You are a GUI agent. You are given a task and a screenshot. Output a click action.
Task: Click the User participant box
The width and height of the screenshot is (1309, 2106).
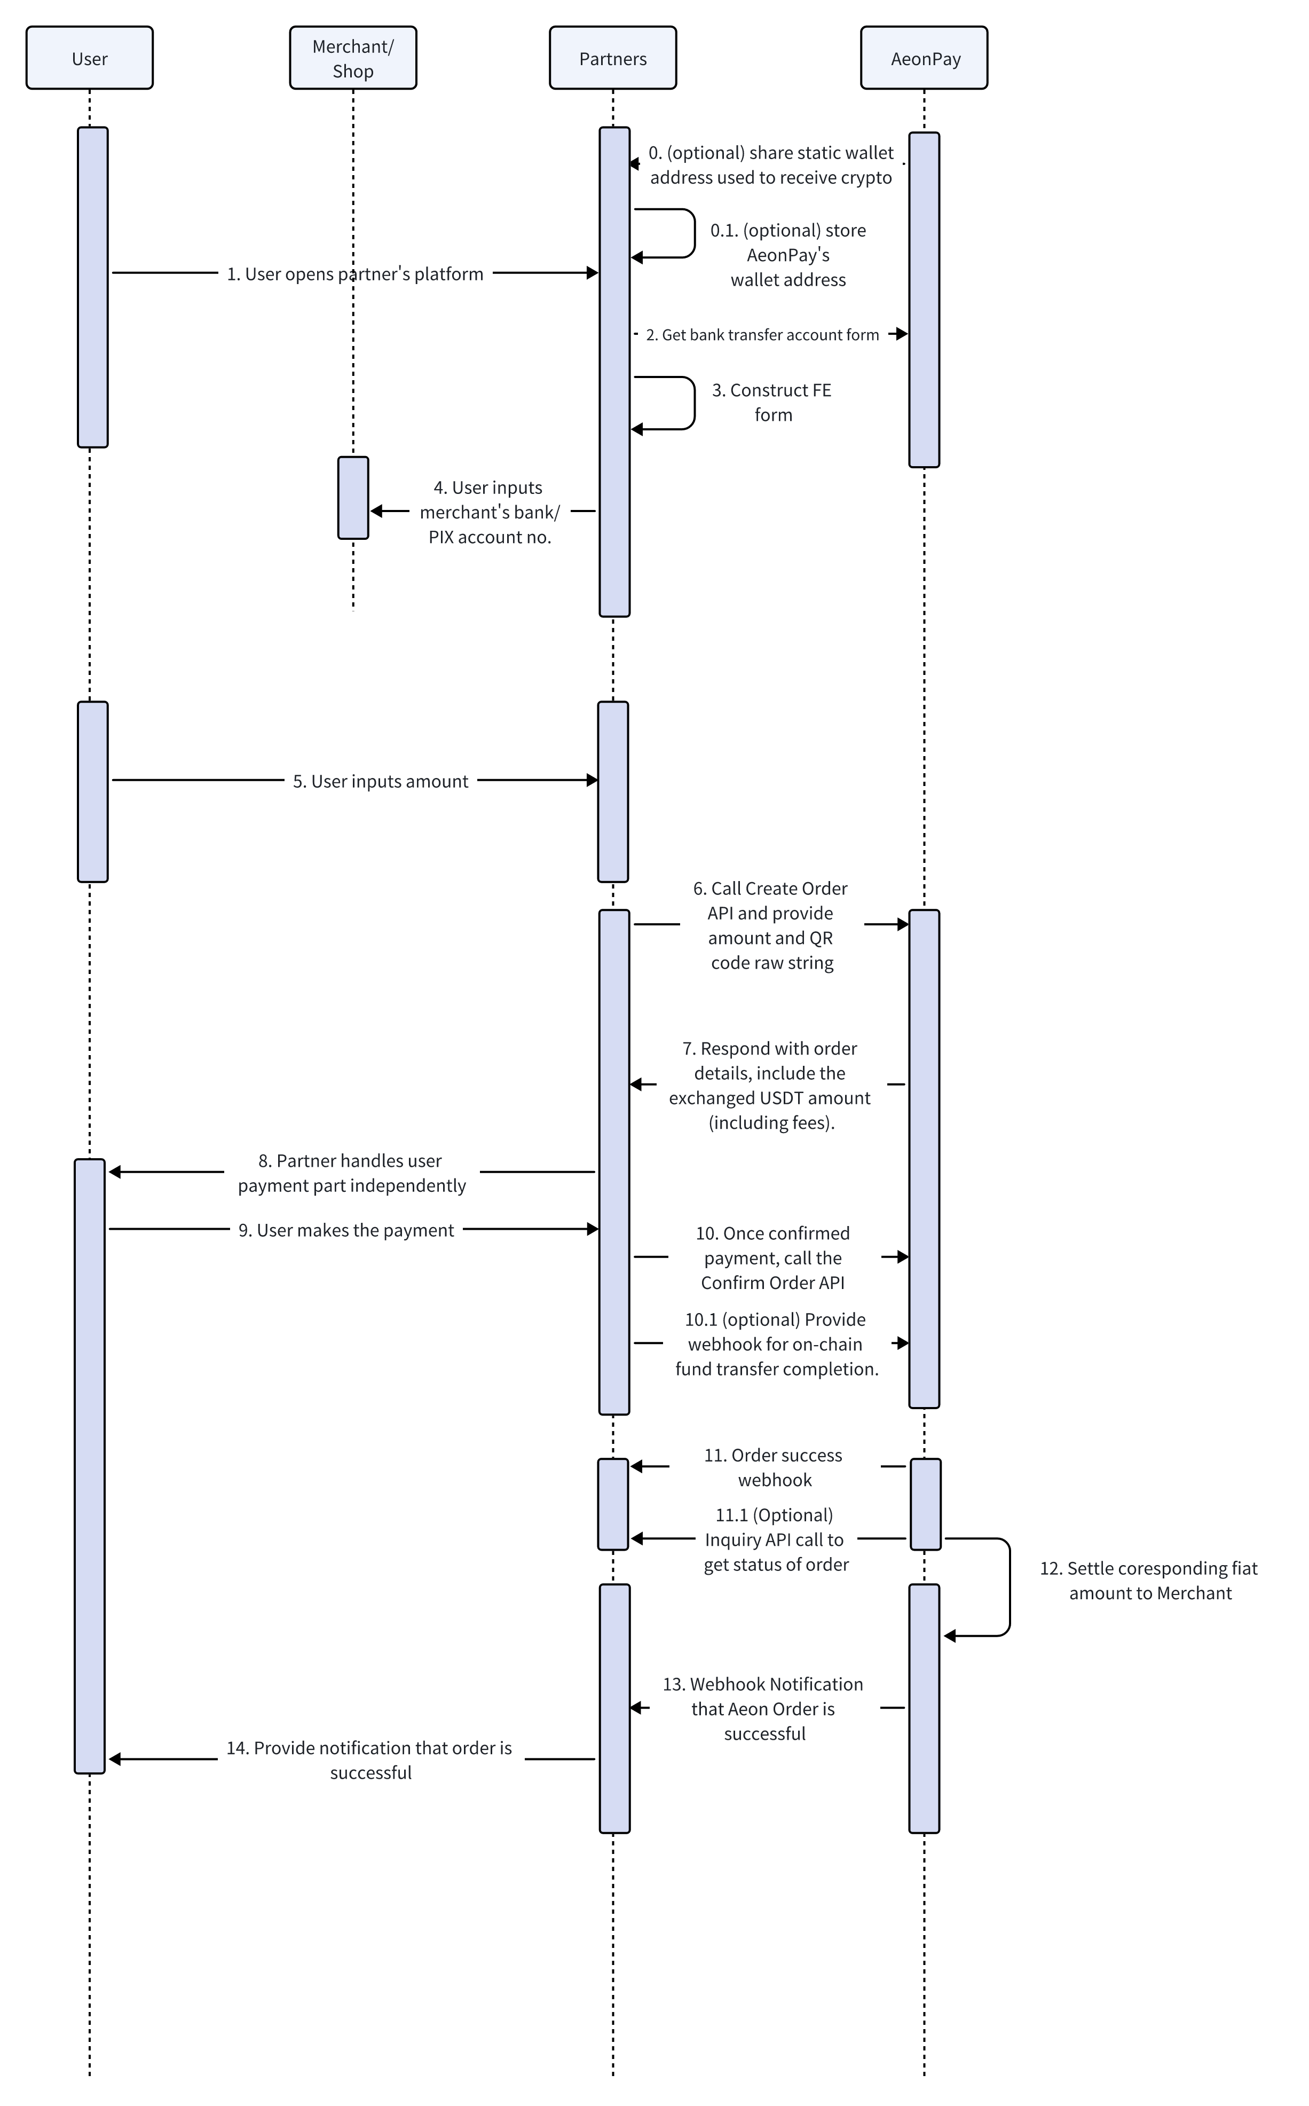(x=89, y=58)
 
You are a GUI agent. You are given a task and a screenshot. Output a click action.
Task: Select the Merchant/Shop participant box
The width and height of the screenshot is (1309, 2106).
(x=353, y=58)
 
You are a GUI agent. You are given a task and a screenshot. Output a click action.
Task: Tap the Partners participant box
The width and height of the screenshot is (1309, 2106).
(x=613, y=58)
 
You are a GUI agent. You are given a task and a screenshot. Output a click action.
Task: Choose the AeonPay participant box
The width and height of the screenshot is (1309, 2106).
(x=925, y=58)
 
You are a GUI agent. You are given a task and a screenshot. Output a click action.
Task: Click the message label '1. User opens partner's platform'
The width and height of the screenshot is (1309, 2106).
(x=355, y=273)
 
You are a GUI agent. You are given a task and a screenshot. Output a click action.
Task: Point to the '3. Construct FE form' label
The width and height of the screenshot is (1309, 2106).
(x=771, y=403)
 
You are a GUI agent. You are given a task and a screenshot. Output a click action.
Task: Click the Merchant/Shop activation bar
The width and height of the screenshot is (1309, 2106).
(x=353, y=498)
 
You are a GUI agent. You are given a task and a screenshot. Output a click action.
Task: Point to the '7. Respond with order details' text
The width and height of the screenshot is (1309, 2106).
(x=770, y=1085)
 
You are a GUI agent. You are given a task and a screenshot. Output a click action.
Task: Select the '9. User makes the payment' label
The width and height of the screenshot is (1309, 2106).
(x=346, y=1230)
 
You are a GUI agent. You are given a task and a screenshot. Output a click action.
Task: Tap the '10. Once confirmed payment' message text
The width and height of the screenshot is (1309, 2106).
(x=773, y=1258)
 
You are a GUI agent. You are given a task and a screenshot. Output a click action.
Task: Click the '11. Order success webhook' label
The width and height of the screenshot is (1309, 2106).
(x=774, y=1467)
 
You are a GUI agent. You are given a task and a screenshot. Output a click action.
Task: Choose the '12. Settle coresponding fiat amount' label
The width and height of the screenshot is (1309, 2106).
(x=1149, y=1581)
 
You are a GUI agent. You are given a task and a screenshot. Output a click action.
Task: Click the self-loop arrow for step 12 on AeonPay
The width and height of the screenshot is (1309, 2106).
(x=1008, y=1588)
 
